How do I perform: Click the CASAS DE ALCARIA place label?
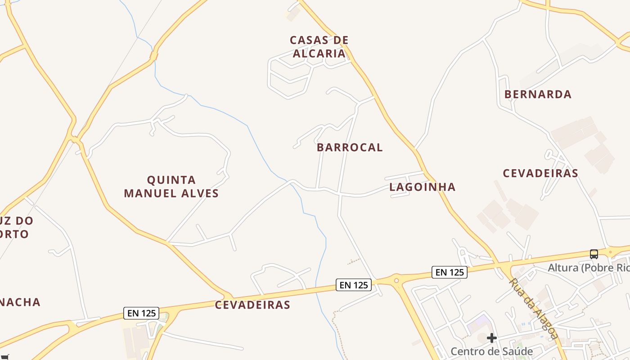pyautogui.click(x=319, y=47)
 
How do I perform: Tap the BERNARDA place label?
pyautogui.click(x=538, y=94)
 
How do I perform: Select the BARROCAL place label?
pyautogui.click(x=350, y=148)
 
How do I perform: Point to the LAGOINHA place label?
pyautogui.click(x=422, y=187)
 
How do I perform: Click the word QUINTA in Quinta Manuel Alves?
pyautogui.click(x=171, y=180)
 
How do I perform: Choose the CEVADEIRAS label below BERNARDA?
pyautogui.click(x=540, y=173)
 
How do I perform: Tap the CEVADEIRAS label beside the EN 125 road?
pyautogui.click(x=252, y=305)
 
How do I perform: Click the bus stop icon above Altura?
pyautogui.click(x=594, y=254)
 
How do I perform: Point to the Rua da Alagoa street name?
pyautogui.click(x=533, y=308)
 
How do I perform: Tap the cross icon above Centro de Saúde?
pyautogui.click(x=491, y=337)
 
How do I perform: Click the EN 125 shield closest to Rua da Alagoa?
pyautogui.click(x=450, y=272)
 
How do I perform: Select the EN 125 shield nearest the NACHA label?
pyautogui.click(x=141, y=313)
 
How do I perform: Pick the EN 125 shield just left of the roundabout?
pyautogui.click(x=354, y=285)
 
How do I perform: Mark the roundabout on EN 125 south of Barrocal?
pyautogui.click(x=396, y=281)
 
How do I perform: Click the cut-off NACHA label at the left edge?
pyautogui.click(x=20, y=302)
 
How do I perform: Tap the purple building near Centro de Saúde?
pyautogui.click(x=478, y=322)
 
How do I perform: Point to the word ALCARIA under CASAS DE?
pyautogui.click(x=319, y=54)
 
